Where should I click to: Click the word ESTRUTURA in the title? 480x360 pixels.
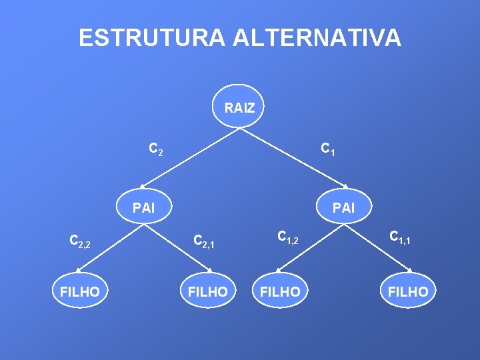(x=152, y=37)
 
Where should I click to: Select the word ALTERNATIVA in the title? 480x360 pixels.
(x=317, y=37)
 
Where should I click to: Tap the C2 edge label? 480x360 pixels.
(x=155, y=149)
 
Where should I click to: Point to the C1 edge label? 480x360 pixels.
(x=327, y=149)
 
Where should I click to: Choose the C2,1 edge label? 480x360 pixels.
(x=203, y=241)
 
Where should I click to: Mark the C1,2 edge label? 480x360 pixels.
(x=289, y=236)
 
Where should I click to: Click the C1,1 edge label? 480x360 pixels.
(x=401, y=236)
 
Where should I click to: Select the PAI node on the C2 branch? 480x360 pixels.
(x=143, y=207)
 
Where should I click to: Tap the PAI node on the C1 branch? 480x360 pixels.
(x=343, y=207)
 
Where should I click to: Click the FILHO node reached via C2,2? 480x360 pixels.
(x=80, y=291)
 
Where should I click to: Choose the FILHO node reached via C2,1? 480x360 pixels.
(x=208, y=291)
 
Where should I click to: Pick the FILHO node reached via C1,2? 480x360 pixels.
(x=280, y=291)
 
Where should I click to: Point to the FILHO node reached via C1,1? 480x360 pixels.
(x=408, y=291)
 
